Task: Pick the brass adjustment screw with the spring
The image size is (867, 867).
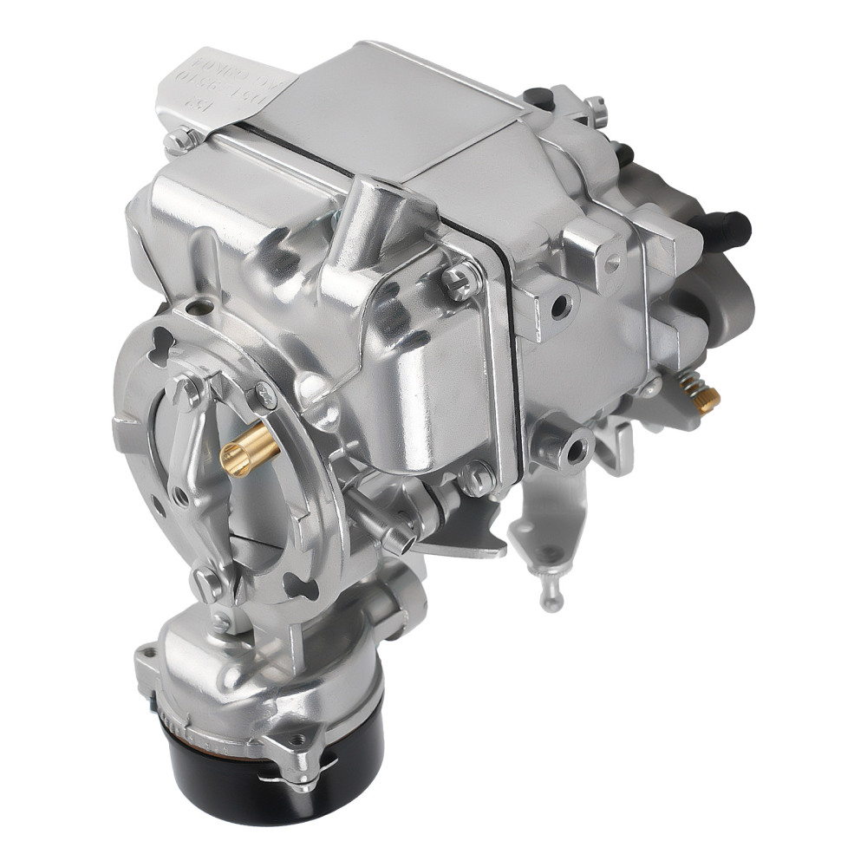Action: coord(701,395)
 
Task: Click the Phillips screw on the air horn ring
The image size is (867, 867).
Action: coord(264,395)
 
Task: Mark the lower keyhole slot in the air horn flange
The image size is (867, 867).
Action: coord(299,589)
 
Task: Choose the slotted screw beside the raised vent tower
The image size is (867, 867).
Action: coord(460,279)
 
